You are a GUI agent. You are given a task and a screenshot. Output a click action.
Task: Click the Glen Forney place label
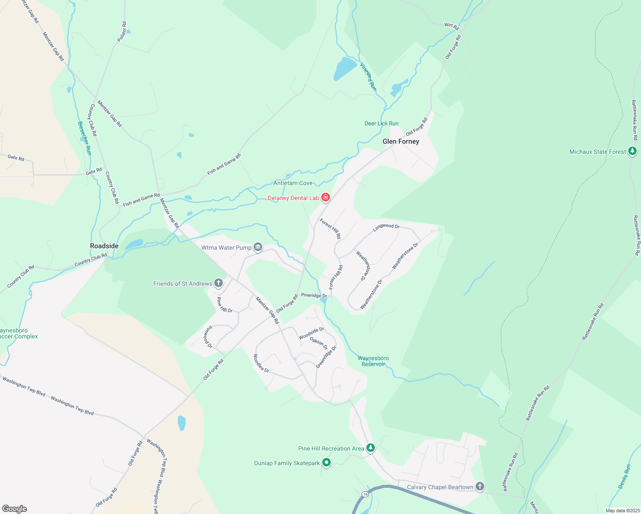(401, 141)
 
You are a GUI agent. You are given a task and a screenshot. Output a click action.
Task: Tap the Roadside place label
(104, 246)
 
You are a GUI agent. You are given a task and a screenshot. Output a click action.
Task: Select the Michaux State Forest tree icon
(632, 151)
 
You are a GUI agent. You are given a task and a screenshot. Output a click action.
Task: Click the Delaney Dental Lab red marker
(326, 197)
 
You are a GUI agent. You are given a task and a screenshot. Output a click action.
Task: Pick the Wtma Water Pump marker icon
(258, 247)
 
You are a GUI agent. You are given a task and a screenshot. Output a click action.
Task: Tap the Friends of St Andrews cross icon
(219, 283)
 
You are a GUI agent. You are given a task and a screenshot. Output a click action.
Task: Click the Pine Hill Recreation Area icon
(371, 448)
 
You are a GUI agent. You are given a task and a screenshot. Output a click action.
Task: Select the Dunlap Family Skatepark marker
(326, 463)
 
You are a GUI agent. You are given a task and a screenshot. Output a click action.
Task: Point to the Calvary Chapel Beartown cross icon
(480, 487)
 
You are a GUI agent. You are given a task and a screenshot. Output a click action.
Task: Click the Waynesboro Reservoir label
(373, 361)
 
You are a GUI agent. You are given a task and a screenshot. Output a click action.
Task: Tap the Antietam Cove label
(293, 183)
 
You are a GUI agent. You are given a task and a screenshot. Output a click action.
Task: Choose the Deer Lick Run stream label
(381, 123)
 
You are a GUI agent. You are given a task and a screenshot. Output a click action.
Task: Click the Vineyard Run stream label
(368, 77)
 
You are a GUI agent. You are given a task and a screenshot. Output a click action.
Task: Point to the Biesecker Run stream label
(84, 138)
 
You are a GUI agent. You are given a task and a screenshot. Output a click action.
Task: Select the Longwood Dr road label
(386, 227)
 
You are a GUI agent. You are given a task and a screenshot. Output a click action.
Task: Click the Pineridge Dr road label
(314, 296)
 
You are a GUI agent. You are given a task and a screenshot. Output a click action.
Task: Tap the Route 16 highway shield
(365, 494)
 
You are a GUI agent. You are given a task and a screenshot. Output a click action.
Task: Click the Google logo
(15, 508)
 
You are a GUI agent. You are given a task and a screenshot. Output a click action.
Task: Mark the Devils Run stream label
(625, 476)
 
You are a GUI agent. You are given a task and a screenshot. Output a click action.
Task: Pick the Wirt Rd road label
(452, 26)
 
